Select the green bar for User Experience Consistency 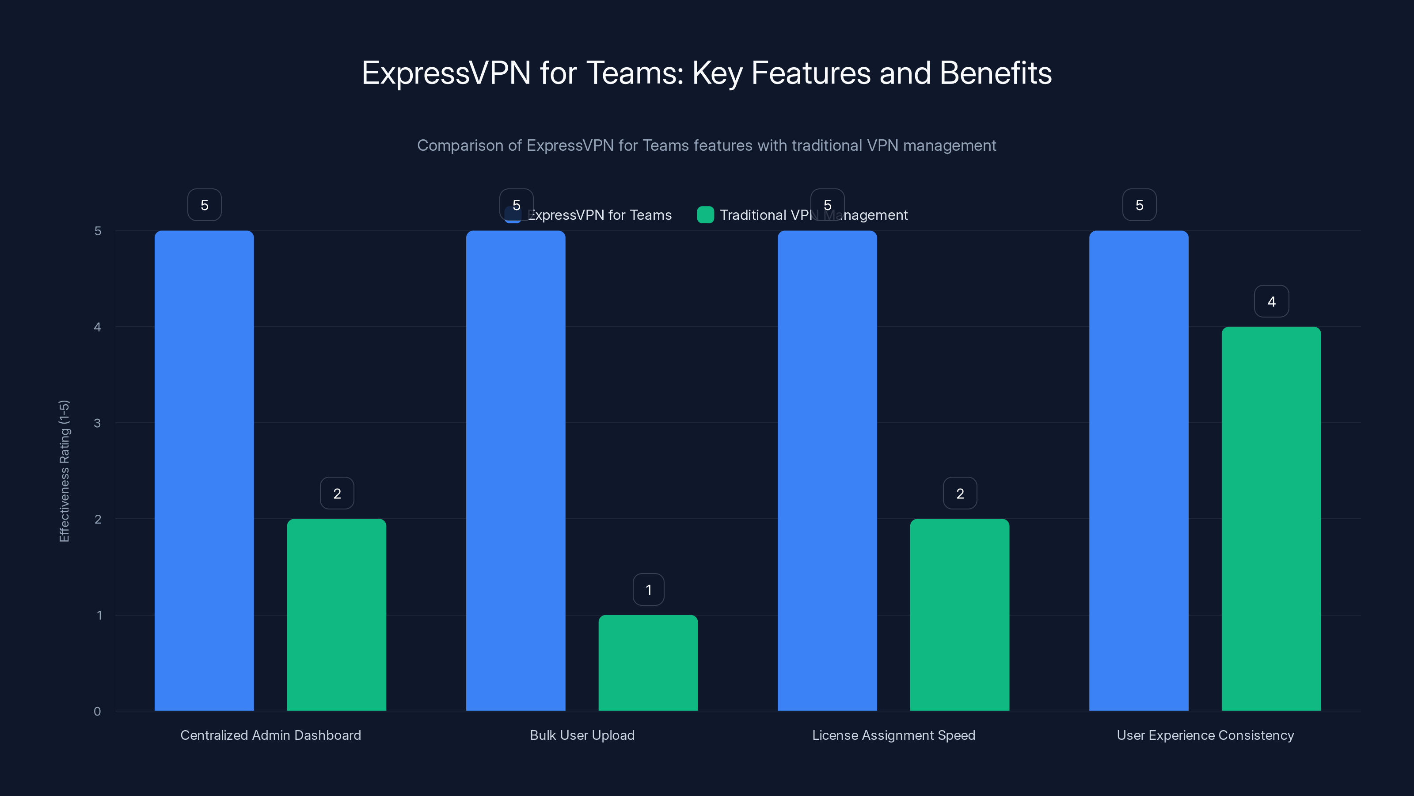point(1271,519)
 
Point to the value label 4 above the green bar point(1271,302)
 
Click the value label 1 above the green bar point(648,590)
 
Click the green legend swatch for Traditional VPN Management point(705,215)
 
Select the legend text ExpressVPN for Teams point(600,215)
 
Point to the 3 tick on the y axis point(97,423)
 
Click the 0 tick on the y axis point(97,712)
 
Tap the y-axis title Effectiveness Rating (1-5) point(64,471)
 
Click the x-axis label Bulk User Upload point(582,735)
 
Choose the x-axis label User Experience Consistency point(1205,735)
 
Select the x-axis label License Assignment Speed point(893,735)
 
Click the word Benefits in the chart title point(995,73)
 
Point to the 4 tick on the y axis point(97,327)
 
